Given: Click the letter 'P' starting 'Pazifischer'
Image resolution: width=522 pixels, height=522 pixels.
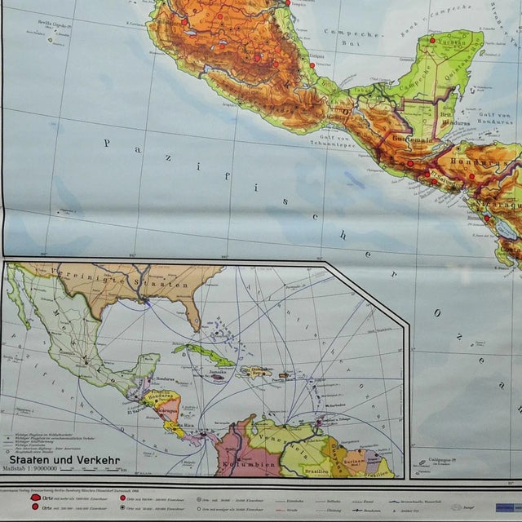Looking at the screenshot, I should pyautogui.click(x=107, y=143).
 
